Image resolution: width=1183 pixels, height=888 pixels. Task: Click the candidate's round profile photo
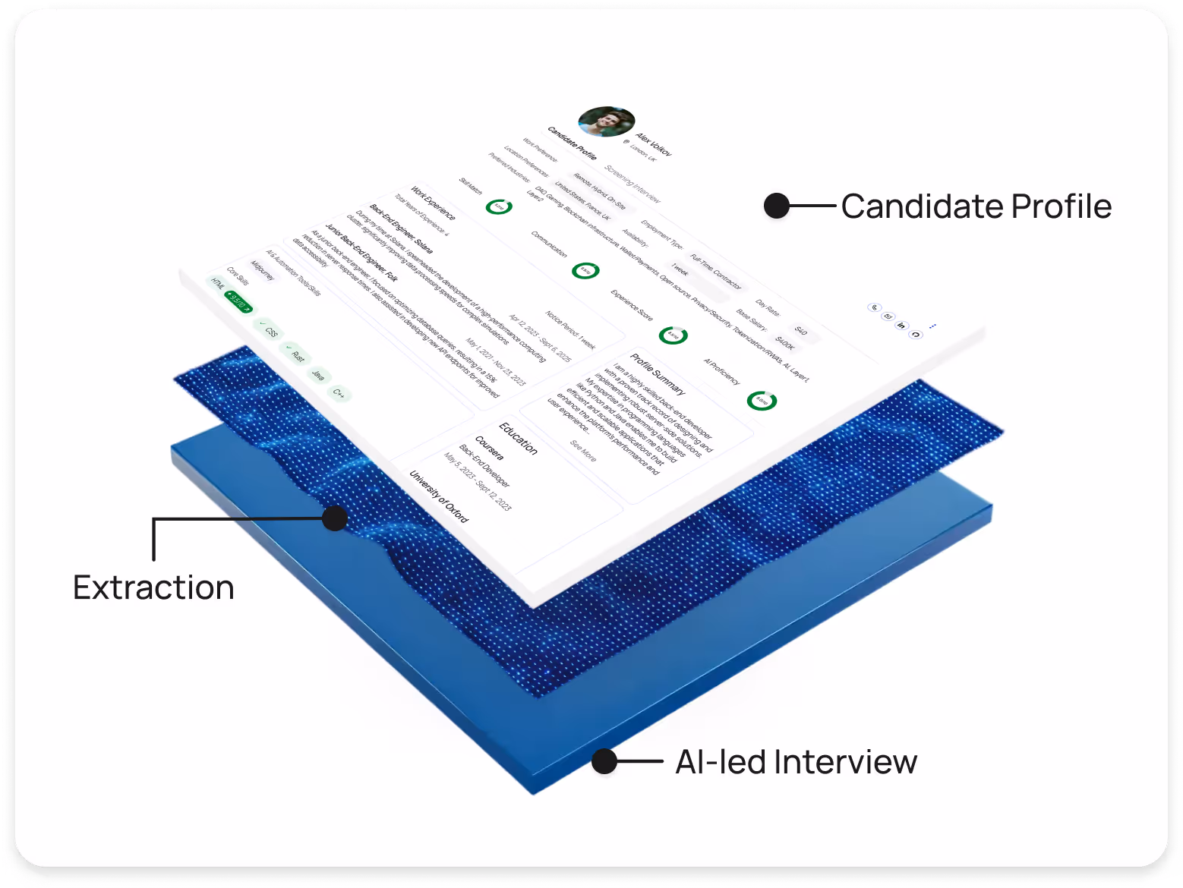click(x=606, y=121)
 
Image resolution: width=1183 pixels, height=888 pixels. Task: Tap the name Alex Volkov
click(x=654, y=144)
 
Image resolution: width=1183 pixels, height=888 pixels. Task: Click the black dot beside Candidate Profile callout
click(x=777, y=206)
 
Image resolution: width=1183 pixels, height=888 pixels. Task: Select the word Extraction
click(x=153, y=588)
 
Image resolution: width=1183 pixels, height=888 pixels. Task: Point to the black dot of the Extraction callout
click(x=335, y=518)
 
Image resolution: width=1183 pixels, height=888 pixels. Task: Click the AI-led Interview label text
click(x=796, y=762)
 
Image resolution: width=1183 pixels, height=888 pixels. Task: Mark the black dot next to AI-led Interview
click(x=604, y=761)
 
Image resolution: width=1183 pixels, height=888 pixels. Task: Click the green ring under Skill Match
click(x=499, y=206)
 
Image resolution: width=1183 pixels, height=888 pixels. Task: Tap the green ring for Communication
click(x=585, y=270)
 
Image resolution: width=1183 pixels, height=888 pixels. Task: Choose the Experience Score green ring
click(x=673, y=335)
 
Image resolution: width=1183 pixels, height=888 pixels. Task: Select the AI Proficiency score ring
click(x=762, y=400)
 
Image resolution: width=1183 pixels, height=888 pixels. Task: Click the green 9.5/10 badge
click(x=238, y=302)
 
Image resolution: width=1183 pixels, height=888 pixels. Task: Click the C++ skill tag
click(x=339, y=393)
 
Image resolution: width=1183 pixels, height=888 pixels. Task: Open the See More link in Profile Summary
click(x=583, y=450)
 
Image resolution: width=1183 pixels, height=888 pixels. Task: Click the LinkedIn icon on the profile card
click(x=901, y=326)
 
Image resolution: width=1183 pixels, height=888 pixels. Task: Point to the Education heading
click(x=519, y=438)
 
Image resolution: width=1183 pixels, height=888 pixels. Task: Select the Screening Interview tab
click(x=633, y=184)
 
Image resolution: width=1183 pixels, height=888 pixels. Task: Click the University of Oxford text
click(x=439, y=496)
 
